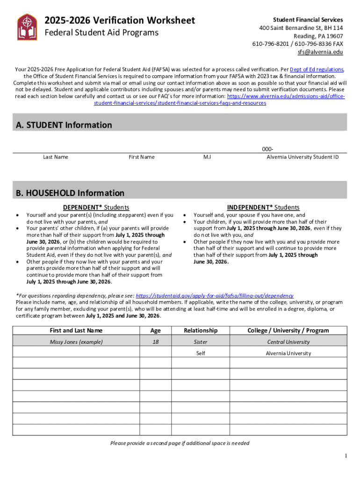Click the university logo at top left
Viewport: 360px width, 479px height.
[x=27, y=27]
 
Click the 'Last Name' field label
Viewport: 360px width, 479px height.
[x=56, y=157]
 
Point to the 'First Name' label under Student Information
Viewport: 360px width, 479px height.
[x=141, y=157]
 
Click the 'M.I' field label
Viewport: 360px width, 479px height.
[x=207, y=157]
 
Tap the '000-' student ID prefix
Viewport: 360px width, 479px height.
[x=267, y=148]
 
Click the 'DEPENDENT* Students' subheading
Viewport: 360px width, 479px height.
[x=96, y=207]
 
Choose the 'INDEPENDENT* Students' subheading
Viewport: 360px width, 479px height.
[x=263, y=207]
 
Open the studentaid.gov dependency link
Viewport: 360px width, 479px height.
[x=214, y=296]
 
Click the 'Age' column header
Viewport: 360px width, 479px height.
[x=156, y=330]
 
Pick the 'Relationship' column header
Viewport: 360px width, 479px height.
[x=201, y=330]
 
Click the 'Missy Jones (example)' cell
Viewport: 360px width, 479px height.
[x=76, y=342]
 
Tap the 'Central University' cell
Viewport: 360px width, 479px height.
[x=288, y=342]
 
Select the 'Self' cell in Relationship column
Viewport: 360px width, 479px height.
[x=201, y=353]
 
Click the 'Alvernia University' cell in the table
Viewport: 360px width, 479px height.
[x=288, y=353]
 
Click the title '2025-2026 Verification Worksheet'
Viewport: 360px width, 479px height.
[x=119, y=21]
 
